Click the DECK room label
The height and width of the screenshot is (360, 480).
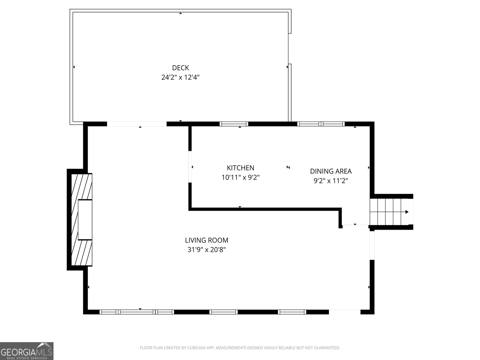coord(180,68)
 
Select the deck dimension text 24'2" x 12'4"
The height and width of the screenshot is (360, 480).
coord(180,77)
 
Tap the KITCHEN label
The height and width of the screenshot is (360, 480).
coord(240,168)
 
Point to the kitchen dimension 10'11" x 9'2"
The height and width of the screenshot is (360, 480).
coord(240,177)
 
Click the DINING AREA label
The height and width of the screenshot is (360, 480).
coord(331,171)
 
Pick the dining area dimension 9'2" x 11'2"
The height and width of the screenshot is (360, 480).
coord(331,181)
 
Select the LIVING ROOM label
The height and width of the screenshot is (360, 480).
coord(206,240)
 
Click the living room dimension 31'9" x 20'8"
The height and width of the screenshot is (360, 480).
coord(206,250)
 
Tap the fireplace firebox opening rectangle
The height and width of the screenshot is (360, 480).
coord(85,220)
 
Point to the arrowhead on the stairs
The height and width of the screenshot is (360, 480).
coord(407,212)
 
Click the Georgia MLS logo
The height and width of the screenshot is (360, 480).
coord(27,351)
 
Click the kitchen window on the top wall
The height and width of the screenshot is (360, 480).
coord(234,124)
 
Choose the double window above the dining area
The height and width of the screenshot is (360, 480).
coord(321,124)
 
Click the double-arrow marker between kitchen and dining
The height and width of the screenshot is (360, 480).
coord(288,167)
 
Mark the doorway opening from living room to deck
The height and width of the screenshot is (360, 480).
coord(136,124)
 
